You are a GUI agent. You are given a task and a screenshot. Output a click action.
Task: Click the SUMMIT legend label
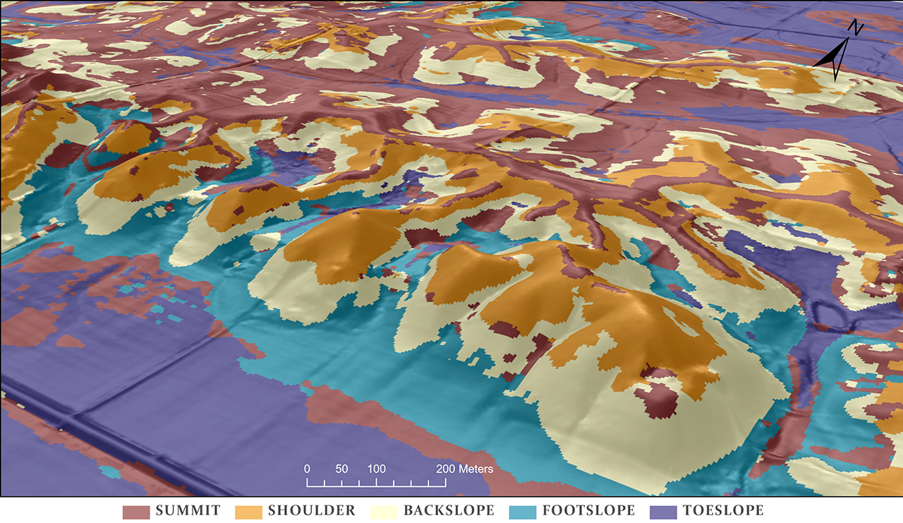click(x=188, y=510)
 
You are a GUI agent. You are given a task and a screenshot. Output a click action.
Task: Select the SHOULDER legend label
click(x=311, y=510)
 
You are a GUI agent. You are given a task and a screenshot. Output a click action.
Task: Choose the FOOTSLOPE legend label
click(x=588, y=510)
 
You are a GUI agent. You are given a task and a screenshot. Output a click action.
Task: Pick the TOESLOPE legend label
click(x=723, y=510)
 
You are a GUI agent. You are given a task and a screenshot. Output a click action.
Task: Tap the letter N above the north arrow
click(x=856, y=28)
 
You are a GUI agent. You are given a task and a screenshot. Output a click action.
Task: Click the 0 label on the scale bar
click(x=307, y=469)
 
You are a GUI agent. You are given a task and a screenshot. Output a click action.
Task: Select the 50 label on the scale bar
click(x=341, y=469)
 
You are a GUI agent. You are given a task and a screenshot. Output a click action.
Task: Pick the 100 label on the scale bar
click(x=376, y=469)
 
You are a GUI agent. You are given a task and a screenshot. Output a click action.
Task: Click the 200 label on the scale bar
click(x=445, y=469)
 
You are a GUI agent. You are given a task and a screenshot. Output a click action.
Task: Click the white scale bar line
click(x=376, y=486)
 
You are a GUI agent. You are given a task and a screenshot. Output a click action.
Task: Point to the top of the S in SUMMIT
click(x=160, y=505)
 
